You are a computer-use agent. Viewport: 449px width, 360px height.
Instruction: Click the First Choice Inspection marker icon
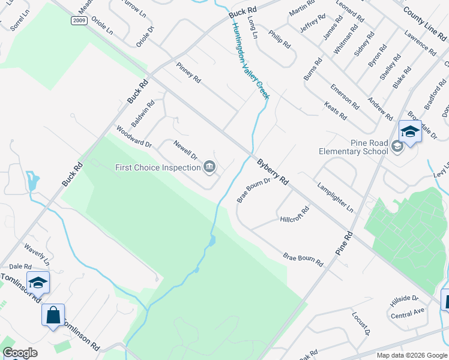209,167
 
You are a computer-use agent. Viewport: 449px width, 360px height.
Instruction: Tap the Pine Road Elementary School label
353,147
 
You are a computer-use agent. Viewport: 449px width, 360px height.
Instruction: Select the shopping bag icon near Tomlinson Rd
53,314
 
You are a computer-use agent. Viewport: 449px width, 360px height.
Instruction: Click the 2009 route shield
78,21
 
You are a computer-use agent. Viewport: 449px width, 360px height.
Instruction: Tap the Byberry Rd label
273,172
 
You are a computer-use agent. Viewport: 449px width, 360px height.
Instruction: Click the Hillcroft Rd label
294,215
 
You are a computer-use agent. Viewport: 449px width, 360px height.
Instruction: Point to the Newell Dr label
185,150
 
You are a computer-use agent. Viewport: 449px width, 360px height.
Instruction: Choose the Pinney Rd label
188,73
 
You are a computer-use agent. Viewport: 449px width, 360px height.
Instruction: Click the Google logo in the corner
20,353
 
